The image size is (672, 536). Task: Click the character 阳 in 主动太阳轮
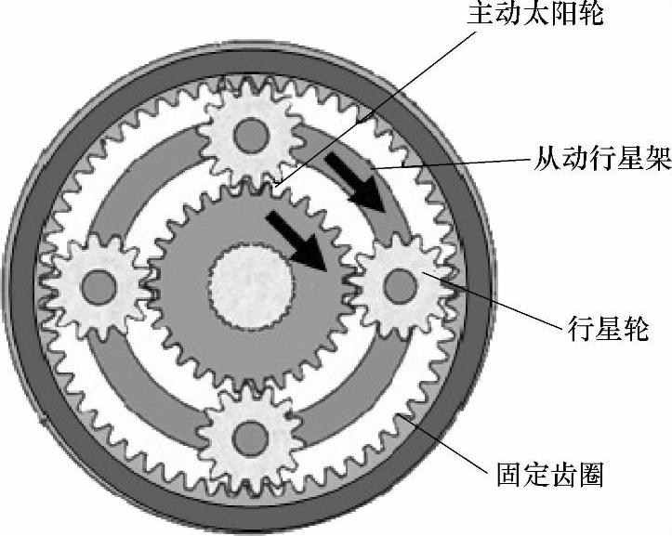coord(570,18)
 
